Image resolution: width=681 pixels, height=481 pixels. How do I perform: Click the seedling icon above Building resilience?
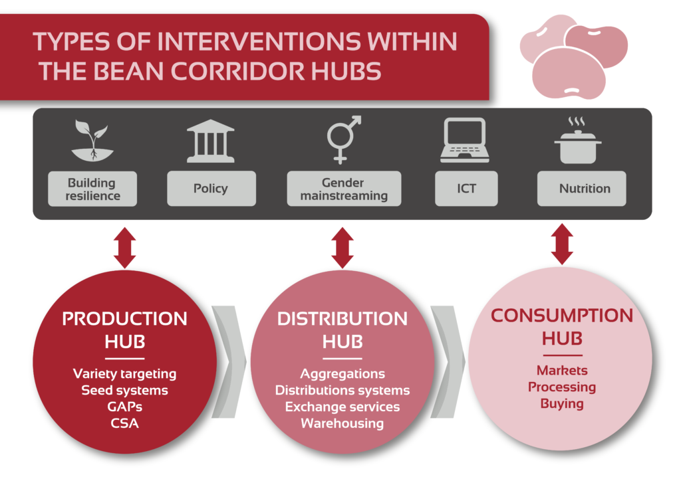[x=92, y=141]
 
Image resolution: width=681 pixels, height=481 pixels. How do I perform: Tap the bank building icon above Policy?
[x=211, y=141]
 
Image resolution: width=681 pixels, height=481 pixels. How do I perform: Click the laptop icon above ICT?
[x=465, y=140]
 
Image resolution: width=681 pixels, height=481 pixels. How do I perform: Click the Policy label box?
[x=211, y=188]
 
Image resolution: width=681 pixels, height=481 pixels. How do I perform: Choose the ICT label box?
[x=466, y=188]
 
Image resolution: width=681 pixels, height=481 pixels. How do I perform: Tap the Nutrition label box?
[x=581, y=188]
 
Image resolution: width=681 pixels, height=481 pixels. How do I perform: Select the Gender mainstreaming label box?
[x=344, y=188]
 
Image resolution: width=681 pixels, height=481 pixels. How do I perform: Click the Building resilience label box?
[x=92, y=189]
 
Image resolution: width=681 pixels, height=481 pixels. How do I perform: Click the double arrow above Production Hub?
[x=124, y=248]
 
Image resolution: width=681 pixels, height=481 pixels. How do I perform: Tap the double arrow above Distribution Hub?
[x=342, y=248]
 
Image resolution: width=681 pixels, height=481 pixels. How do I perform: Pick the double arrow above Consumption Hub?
[x=562, y=244]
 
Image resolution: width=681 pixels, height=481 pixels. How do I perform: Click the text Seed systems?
[x=124, y=391]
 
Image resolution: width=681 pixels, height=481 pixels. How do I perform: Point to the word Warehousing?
[x=342, y=423]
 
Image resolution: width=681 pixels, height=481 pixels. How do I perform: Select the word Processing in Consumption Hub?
[x=562, y=387]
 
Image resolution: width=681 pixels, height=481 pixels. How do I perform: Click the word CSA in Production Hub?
[x=124, y=423]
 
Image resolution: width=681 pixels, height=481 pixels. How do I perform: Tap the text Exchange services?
[x=342, y=407]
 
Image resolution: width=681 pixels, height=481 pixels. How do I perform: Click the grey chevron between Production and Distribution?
[x=229, y=361]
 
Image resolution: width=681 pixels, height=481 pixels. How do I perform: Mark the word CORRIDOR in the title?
[x=238, y=72]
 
